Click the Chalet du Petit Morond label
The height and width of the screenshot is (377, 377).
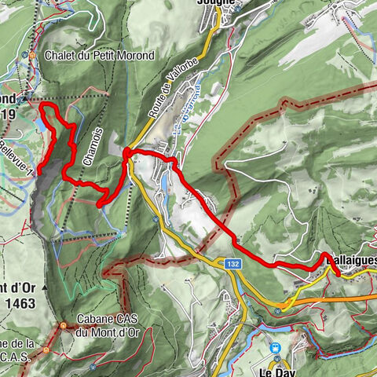click(99, 55)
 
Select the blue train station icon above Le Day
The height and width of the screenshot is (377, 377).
click(275, 347)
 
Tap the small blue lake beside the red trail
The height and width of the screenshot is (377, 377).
click(41, 124)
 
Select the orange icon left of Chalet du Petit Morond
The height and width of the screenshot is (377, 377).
click(32, 55)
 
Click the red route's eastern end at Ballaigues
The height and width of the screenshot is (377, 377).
click(337, 273)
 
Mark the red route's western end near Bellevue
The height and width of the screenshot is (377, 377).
click(38, 166)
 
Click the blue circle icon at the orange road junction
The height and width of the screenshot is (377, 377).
click(279, 311)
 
